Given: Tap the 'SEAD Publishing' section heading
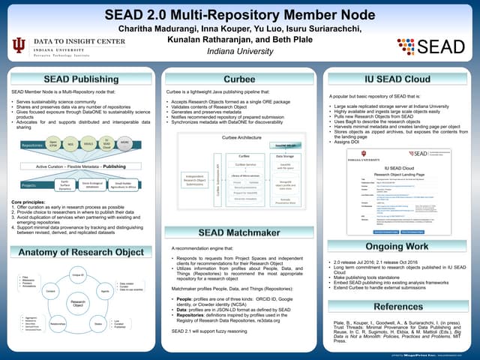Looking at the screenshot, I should tap(81, 78).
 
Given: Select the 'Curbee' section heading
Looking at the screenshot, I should tap(240, 79).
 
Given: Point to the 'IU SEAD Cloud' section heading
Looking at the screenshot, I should tap(397, 79).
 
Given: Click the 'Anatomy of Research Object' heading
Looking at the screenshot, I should tap(81, 252).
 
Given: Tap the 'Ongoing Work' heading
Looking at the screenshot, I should tap(397, 246).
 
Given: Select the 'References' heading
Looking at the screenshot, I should tap(397, 307).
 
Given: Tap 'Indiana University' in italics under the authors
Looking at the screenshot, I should tap(239, 50).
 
